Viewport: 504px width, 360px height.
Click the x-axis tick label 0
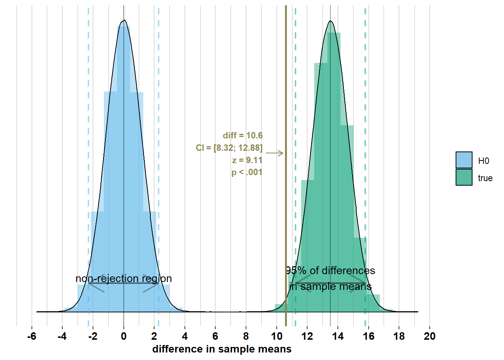[124, 336]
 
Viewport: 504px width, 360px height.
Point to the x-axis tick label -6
[31, 336]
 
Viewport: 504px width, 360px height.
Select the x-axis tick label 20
[430, 336]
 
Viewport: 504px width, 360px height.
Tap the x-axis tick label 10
[277, 336]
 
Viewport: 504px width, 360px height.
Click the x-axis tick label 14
[338, 336]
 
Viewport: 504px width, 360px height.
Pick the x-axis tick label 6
[215, 336]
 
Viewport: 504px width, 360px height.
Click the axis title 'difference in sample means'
[222, 349]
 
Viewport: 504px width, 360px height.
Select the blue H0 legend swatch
[464, 160]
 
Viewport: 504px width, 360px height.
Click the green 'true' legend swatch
[464, 177]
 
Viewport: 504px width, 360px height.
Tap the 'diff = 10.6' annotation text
[243, 135]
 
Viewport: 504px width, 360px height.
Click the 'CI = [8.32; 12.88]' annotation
[229, 148]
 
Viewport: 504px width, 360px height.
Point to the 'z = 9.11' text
[247, 160]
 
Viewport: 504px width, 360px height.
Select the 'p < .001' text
[247, 172]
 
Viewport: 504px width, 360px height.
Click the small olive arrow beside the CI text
[275, 153]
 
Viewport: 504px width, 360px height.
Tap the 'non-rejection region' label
[124, 279]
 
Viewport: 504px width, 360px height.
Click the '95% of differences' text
[330, 270]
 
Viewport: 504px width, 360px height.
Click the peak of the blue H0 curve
[124, 20]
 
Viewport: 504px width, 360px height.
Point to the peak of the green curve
[330, 21]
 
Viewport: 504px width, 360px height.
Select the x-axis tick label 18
[399, 336]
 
